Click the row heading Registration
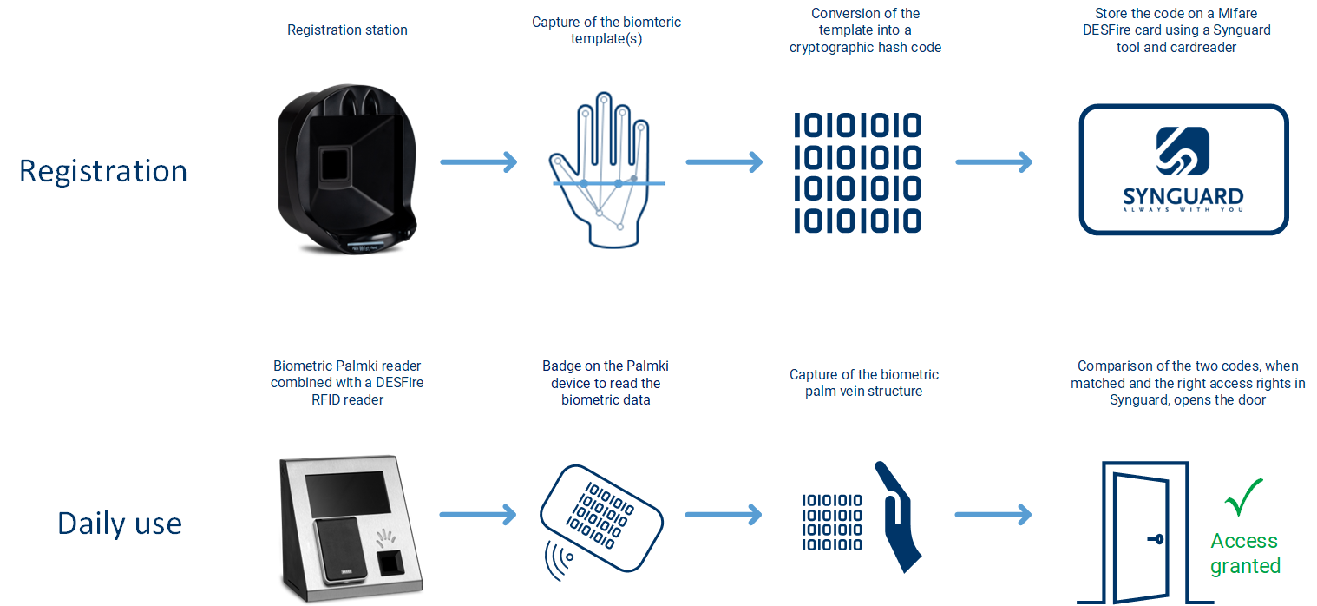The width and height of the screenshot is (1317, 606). [x=103, y=172]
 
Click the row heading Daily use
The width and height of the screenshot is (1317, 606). [x=120, y=523]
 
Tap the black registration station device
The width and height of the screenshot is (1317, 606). [x=347, y=168]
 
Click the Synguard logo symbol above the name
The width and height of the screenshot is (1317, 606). [x=1183, y=151]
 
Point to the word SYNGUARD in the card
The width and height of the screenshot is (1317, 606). [x=1183, y=196]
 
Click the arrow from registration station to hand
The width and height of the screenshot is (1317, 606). [x=479, y=161]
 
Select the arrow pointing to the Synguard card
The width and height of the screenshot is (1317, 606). [x=993, y=161]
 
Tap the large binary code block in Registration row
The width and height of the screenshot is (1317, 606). [x=857, y=173]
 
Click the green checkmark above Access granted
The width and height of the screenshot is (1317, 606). [x=1243, y=497]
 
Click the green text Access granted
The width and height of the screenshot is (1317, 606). [x=1245, y=553]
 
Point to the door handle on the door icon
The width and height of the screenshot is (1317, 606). [x=1156, y=539]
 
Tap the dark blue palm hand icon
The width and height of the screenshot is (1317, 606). [x=898, y=517]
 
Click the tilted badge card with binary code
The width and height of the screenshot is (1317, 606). [x=601, y=517]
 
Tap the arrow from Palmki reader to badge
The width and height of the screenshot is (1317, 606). [x=478, y=515]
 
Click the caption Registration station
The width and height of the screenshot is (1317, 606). [x=347, y=30]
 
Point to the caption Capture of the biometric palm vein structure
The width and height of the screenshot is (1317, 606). [x=864, y=383]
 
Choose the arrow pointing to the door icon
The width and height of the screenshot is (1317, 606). [x=993, y=515]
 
